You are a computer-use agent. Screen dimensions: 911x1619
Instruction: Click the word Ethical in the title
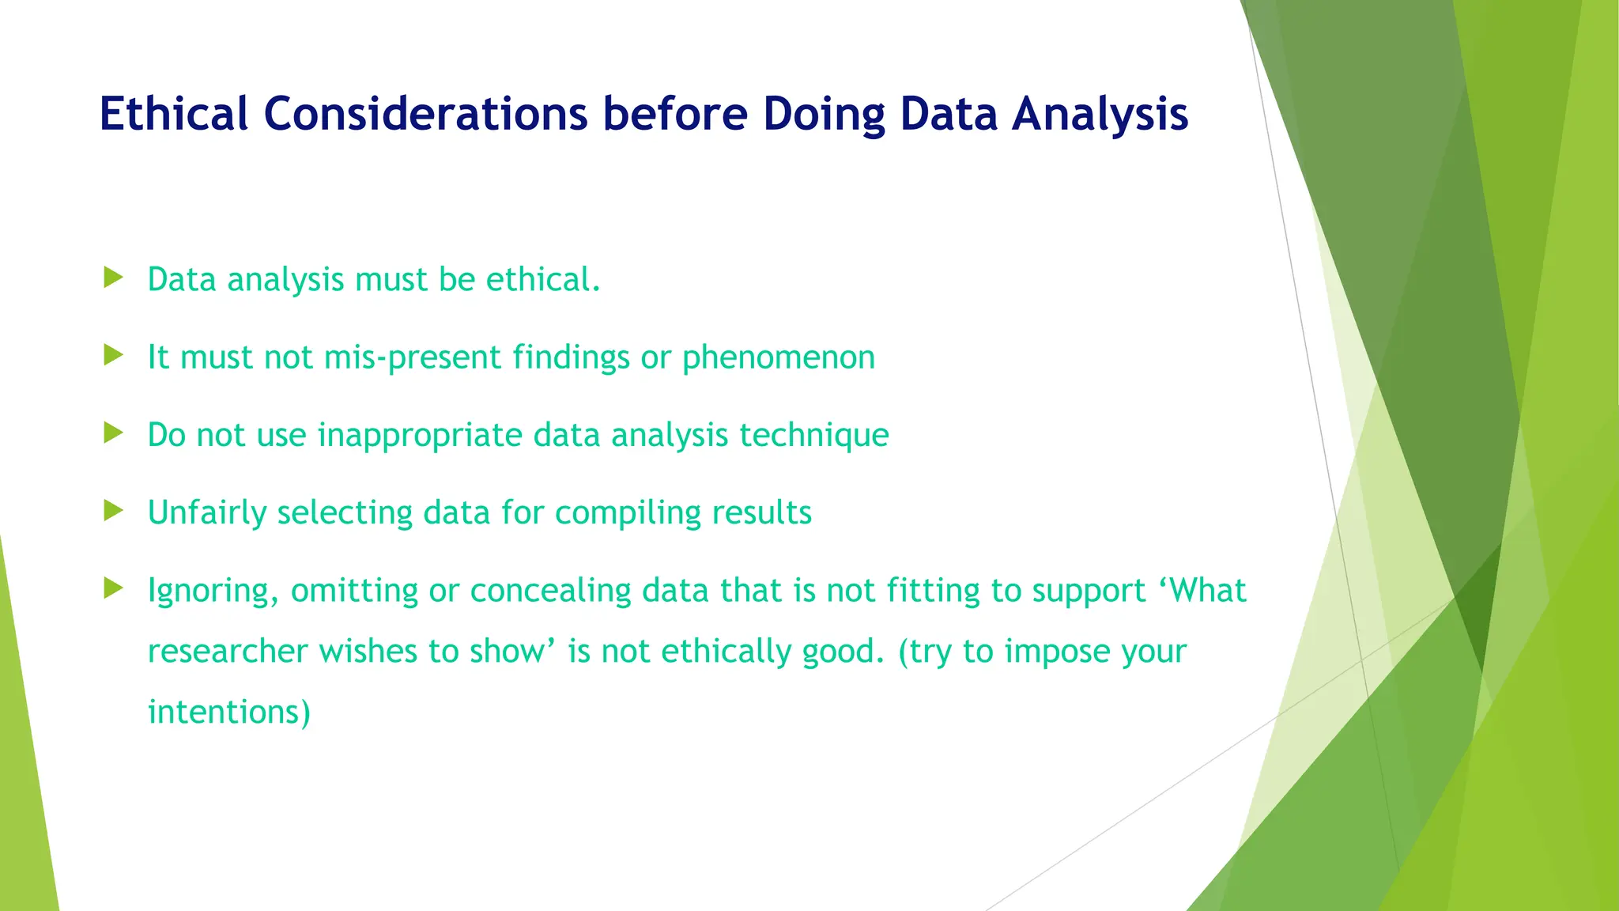[x=174, y=113]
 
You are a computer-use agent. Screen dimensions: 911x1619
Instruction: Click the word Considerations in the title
[x=425, y=113]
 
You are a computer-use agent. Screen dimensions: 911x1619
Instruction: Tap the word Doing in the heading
[x=824, y=113]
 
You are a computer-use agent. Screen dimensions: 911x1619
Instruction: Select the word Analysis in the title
[x=1100, y=113]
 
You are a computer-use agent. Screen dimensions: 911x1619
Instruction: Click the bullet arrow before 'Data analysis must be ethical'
[x=114, y=278]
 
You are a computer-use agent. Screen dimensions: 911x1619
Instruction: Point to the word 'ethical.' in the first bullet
[x=543, y=279]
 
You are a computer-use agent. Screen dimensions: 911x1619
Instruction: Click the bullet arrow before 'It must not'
[x=114, y=355]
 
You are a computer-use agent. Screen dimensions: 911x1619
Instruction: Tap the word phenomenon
[x=778, y=357]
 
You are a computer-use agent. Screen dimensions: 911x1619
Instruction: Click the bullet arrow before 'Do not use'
[x=114, y=433]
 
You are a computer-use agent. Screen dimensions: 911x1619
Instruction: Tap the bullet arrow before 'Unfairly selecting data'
[x=114, y=510]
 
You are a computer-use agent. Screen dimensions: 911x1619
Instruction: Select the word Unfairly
[x=207, y=512]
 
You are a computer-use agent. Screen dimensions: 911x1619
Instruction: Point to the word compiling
[x=628, y=512]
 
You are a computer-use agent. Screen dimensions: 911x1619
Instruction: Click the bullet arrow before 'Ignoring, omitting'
[x=114, y=588]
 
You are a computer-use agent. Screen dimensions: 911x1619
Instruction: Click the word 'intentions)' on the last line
[x=229, y=712]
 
